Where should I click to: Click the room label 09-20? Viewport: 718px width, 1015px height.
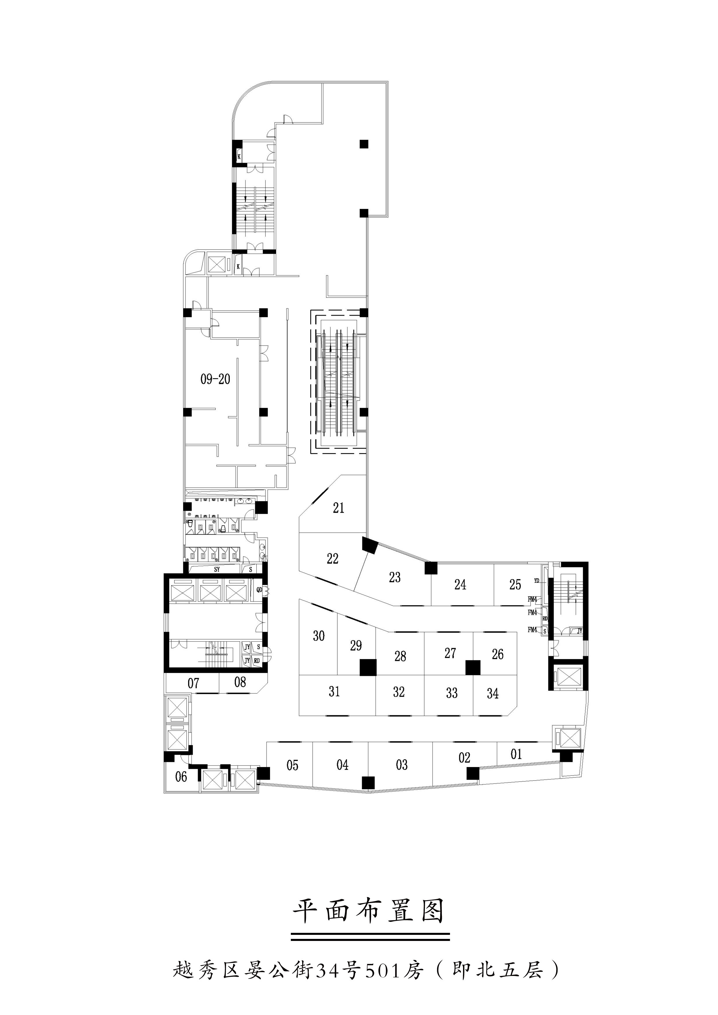tap(215, 379)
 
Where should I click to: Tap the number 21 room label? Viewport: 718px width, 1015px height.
tap(339, 508)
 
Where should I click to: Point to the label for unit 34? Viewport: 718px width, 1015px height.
tap(493, 694)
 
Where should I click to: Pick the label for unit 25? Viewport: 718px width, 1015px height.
tap(515, 584)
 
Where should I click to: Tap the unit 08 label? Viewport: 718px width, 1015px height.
tap(240, 682)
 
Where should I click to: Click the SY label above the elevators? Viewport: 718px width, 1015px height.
tap(217, 569)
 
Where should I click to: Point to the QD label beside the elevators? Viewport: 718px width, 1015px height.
tap(260, 589)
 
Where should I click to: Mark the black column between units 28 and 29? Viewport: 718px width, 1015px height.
tap(368, 667)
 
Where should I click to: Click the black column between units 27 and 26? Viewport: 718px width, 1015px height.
tap(473, 668)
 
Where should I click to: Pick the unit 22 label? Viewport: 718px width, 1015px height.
tap(333, 558)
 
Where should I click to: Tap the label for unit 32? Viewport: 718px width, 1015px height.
tap(399, 692)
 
